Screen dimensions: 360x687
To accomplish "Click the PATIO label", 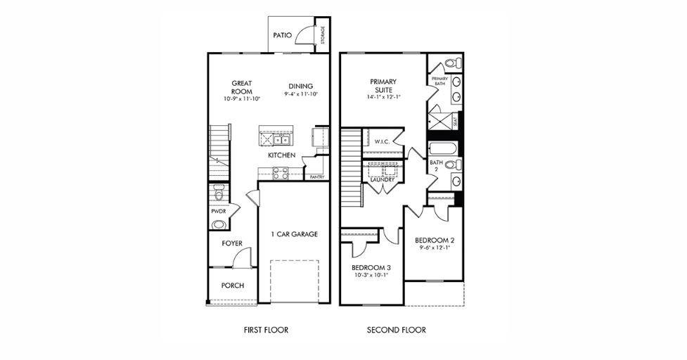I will pos(283,34).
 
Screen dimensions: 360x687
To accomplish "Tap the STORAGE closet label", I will pos(323,35).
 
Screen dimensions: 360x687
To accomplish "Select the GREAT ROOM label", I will pos(242,86).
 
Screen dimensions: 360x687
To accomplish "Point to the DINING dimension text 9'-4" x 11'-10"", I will pos(300,94).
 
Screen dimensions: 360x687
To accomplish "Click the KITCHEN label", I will pos(281,155).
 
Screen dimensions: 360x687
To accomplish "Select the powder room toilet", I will pos(218,193).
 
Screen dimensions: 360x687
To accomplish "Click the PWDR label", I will pos(217,210).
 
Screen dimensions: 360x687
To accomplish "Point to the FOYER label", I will pos(232,243).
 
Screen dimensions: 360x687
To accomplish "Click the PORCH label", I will pos(232,285).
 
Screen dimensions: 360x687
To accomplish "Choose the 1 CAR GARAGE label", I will pos(295,234).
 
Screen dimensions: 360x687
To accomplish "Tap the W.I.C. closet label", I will pos(382,141).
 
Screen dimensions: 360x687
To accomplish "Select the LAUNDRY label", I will pos(382,180).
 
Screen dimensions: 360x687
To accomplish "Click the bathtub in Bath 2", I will pos(443,149).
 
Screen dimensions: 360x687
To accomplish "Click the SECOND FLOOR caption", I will pos(396,330).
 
